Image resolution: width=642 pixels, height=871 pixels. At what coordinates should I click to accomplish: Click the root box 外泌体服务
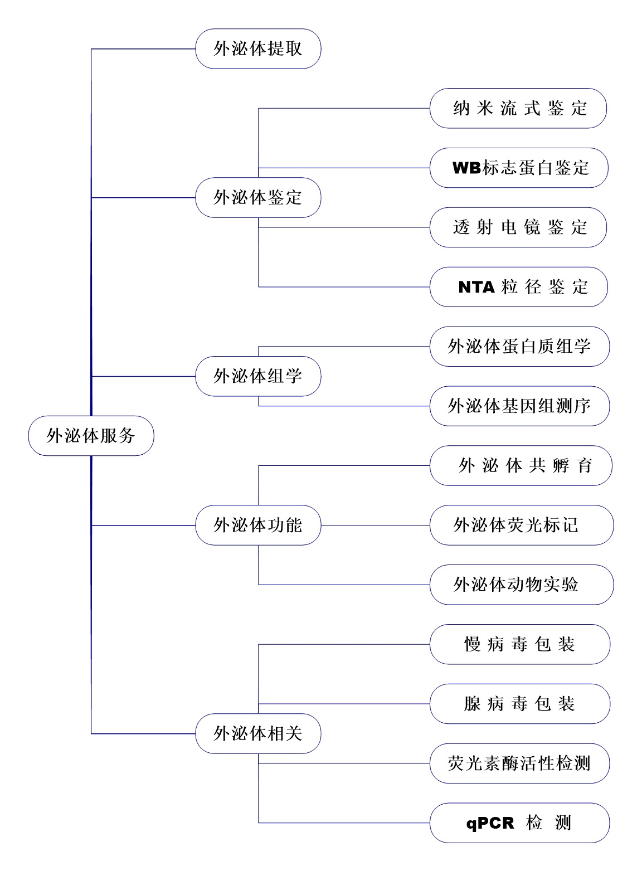tap(91, 436)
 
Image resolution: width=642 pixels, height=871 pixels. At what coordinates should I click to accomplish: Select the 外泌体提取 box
tap(258, 49)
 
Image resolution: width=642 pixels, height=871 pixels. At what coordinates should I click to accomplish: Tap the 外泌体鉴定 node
tap(258, 197)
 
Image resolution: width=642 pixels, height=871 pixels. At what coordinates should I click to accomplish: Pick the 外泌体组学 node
tap(258, 376)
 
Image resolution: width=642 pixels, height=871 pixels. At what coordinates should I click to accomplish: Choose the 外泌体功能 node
tap(258, 525)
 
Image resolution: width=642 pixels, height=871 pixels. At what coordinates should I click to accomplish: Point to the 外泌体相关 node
tap(258, 733)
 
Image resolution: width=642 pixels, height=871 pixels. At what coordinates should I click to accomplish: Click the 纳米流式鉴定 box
tap(518, 108)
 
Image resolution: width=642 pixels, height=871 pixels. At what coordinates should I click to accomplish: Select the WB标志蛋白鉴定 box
tap(519, 168)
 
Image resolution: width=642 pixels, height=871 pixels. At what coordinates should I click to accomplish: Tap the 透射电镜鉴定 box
tap(518, 227)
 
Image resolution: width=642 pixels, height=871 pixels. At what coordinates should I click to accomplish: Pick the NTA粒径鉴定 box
tap(519, 287)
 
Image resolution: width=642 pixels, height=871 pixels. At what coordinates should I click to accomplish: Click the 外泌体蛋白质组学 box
tap(519, 347)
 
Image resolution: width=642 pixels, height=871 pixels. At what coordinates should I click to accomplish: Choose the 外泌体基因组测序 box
tap(519, 406)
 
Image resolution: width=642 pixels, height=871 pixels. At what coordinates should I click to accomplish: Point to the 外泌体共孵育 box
tap(521, 465)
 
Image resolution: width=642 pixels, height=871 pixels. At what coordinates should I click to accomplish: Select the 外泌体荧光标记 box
tap(522, 525)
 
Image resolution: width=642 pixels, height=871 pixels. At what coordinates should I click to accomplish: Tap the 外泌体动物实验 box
tap(522, 585)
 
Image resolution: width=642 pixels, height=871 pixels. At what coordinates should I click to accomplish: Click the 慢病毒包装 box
tap(520, 644)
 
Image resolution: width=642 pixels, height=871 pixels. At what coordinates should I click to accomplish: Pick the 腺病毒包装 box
tap(520, 704)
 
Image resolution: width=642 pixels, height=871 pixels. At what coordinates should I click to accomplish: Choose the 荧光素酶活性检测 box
tap(519, 763)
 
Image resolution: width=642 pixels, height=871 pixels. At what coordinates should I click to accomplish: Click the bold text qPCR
tap(490, 823)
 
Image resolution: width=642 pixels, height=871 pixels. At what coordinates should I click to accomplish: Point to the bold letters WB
tap(466, 168)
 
